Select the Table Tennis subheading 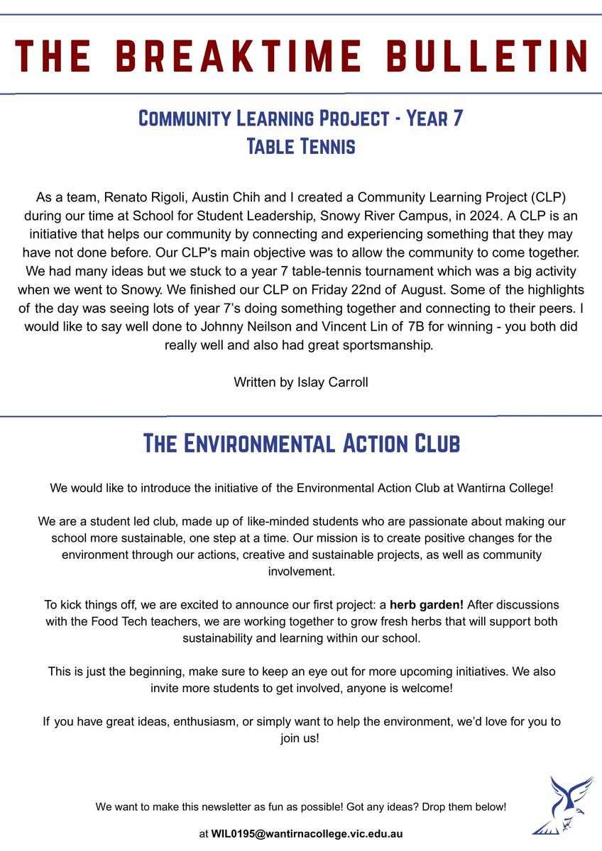click(x=300, y=147)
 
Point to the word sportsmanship click(x=393, y=345)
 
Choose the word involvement click(x=300, y=571)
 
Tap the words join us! click(x=300, y=738)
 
